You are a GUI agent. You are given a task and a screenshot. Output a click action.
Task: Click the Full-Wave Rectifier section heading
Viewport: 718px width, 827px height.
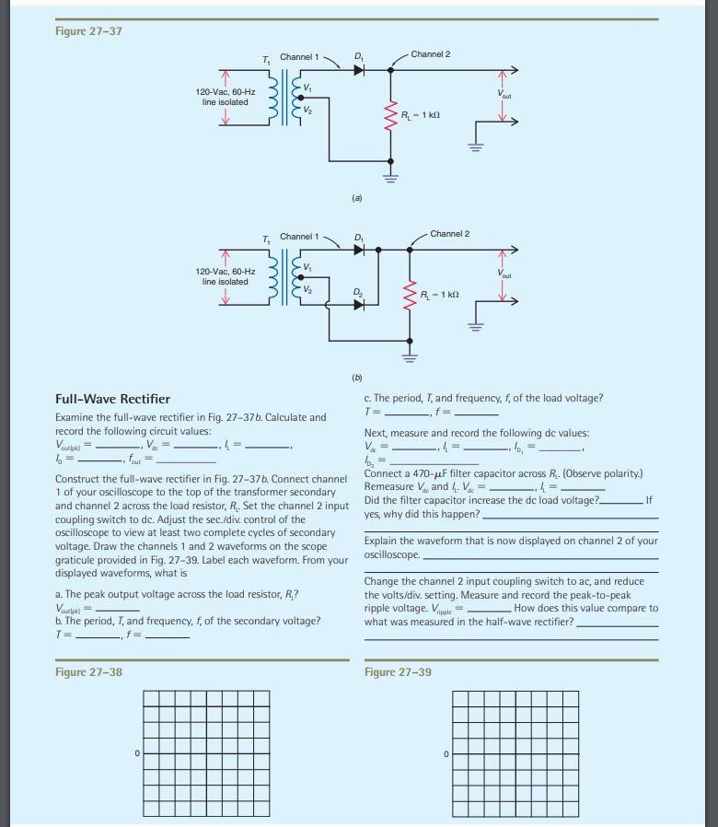113,399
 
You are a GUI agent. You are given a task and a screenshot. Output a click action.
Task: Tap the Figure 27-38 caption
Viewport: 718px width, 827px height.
88,671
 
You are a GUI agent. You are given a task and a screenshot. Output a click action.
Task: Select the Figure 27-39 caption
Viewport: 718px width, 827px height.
398,671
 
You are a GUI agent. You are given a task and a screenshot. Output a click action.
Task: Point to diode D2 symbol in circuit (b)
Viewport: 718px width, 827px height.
359,304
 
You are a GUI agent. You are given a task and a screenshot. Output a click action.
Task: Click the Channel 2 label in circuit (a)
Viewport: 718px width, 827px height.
430,54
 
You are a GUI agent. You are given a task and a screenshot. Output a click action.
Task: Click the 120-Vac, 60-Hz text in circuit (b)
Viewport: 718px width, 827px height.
226,272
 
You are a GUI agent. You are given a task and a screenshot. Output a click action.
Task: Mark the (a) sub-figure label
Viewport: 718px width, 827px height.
357,198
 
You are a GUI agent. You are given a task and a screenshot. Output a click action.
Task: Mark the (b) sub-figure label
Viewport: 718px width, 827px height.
357,377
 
